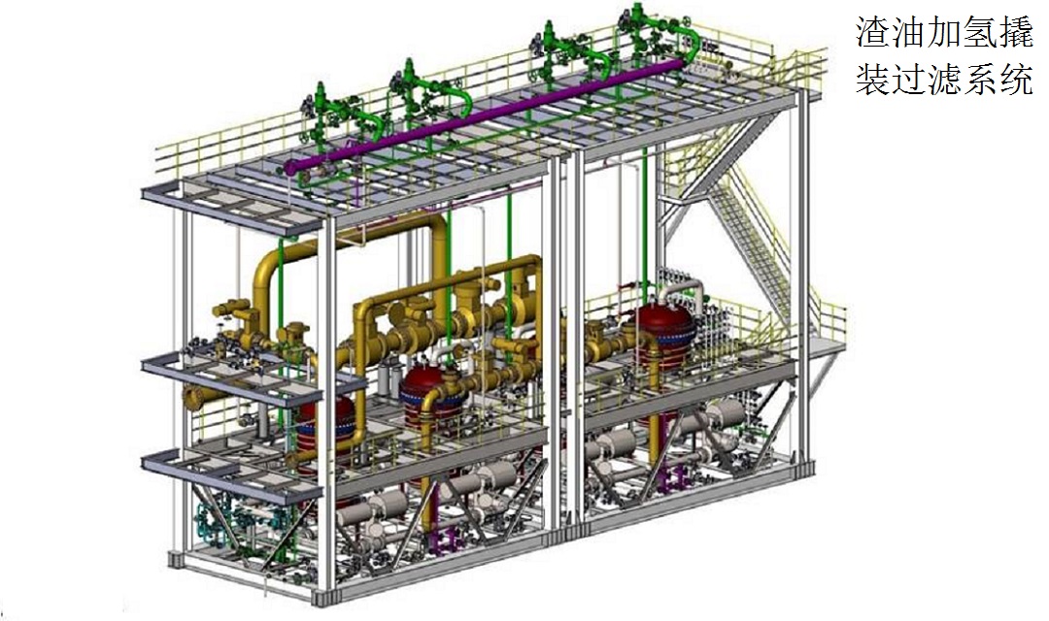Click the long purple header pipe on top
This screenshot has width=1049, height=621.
tap(489, 114)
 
